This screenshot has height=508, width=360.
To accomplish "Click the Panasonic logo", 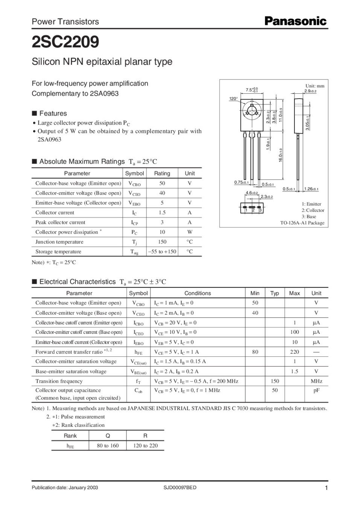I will click(295, 21).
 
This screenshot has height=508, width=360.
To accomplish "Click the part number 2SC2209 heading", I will click(66, 42).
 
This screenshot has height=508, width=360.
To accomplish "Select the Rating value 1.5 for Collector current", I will click(162, 213).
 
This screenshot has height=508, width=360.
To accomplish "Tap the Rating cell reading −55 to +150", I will click(162, 252).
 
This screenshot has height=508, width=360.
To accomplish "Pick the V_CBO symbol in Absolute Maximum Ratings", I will click(134, 184).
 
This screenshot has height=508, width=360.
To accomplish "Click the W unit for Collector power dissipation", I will click(189, 232).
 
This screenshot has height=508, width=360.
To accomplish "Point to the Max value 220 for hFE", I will click(294, 352).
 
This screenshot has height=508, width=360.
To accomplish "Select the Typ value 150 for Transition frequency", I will click(275, 381).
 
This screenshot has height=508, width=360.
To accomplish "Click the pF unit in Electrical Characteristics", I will click(316, 391).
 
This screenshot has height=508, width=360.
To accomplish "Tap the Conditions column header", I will click(198, 293).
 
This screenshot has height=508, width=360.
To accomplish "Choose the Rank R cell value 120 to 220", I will click(145, 446).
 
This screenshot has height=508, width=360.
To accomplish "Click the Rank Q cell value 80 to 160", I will click(108, 446).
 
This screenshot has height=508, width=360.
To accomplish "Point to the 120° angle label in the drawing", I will click(233, 99).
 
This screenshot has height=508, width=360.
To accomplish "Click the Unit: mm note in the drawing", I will click(315, 86).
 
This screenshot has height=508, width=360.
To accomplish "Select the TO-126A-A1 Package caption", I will click(302, 223).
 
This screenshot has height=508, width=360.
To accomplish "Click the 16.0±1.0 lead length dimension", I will click(281, 155).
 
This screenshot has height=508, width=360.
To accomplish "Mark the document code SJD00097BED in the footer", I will click(180, 488).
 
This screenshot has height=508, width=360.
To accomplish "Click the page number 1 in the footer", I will click(326, 488).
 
